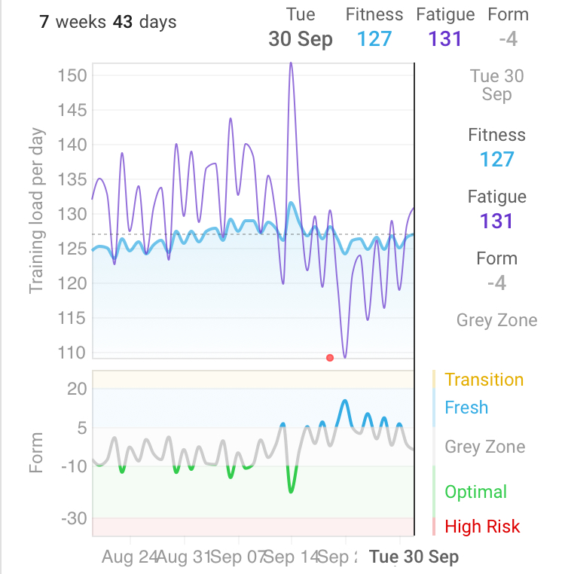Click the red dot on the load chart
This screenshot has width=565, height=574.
[329, 357]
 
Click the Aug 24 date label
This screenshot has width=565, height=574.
[129, 557]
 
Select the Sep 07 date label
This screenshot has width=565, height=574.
[238, 557]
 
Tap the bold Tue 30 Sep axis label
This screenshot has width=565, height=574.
[414, 557]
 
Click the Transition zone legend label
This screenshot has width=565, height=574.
[484, 380]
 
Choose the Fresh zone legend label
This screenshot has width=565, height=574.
[466, 408]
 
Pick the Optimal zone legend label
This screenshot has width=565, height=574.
[475, 492]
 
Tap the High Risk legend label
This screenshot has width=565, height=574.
[482, 527]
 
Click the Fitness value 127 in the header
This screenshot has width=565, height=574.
[374, 38]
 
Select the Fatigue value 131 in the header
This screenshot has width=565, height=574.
[444, 38]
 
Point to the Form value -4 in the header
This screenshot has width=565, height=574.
[508, 38]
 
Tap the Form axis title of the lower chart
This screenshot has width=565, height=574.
[37, 452]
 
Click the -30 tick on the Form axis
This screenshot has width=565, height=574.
[75, 519]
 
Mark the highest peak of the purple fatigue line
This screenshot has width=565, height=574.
[291, 64]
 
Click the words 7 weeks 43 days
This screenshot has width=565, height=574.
[108, 22]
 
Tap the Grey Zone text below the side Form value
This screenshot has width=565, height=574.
[496, 320]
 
